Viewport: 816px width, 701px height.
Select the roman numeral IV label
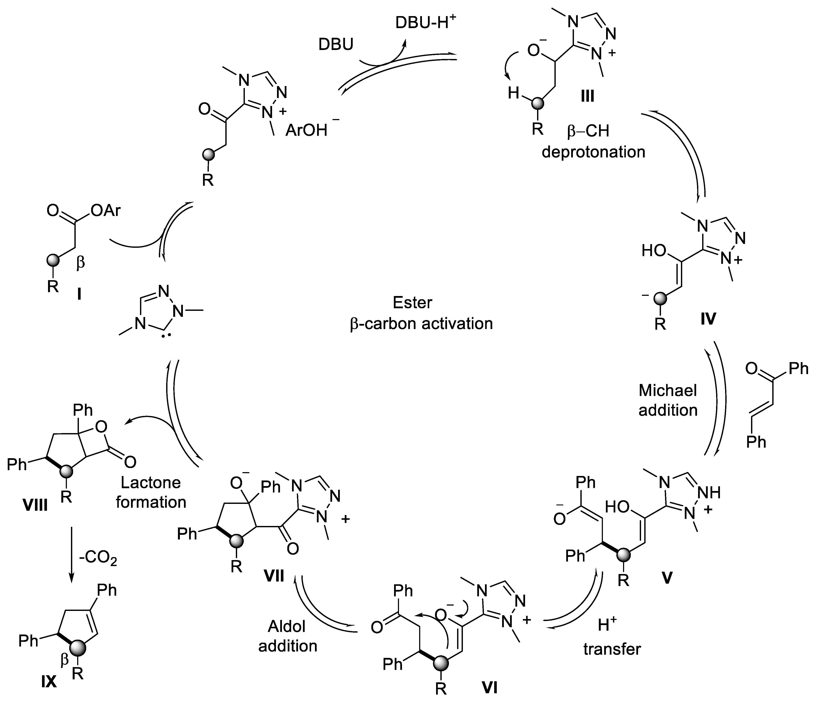(x=708, y=318)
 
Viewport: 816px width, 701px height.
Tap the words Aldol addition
(x=288, y=636)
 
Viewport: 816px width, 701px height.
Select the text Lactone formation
(x=151, y=492)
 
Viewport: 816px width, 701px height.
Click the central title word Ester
(x=412, y=303)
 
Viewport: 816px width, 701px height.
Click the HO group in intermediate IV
(x=654, y=251)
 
